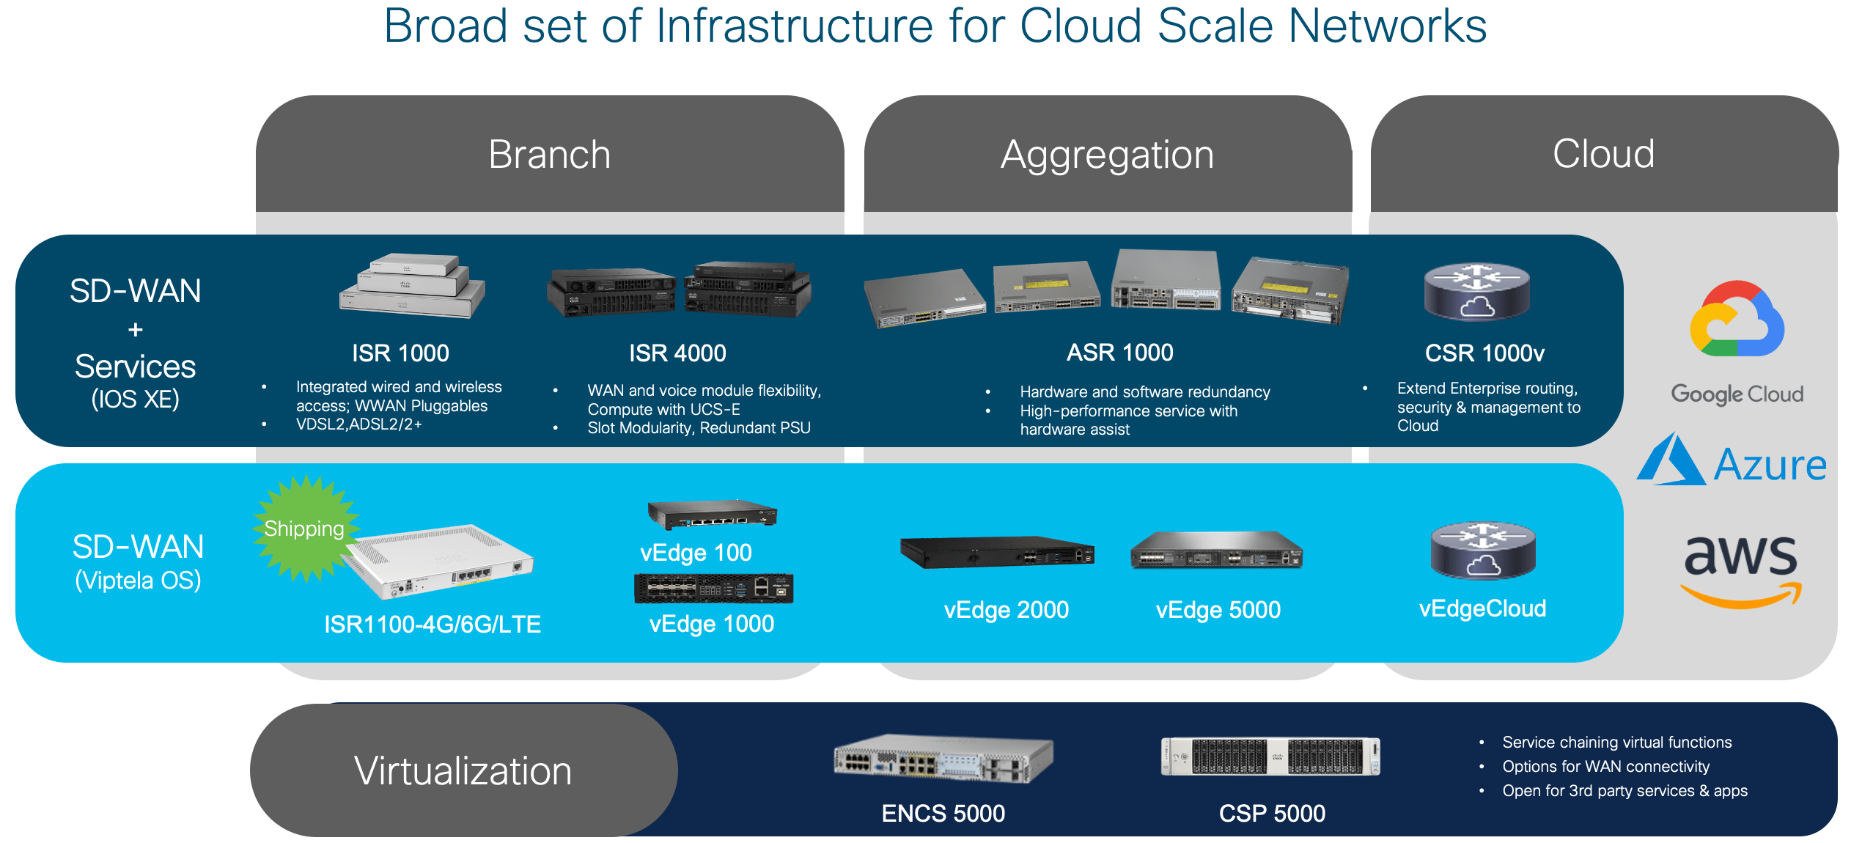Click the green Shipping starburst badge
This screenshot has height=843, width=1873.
(x=305, y=528)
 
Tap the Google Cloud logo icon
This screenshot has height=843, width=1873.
(x=1736, y=320)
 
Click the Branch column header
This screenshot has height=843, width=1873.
(x=549, y=155)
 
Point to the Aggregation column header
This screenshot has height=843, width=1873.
(x=1107, y=155)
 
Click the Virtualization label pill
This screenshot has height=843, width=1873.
(x=463, y=770)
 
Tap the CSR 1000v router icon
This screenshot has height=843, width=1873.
(x=1476, y=292)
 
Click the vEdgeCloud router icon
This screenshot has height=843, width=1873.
(x=1482, y=551)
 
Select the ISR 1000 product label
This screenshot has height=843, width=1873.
(x=400, y=353)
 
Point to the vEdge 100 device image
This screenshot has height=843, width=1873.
(x=712, y=514)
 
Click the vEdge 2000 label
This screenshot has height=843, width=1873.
(x=1006, y=610)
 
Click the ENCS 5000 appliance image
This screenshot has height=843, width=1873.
(x=943, y=758)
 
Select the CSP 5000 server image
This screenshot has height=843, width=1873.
(x=1270, y=756)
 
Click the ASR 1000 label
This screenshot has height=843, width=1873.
(x=1119, y=353)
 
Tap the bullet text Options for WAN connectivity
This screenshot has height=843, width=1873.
(x=1605, y=767)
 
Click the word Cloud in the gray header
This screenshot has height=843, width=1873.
(x=1603, y=154)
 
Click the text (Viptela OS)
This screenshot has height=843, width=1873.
(x=138, y=581)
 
